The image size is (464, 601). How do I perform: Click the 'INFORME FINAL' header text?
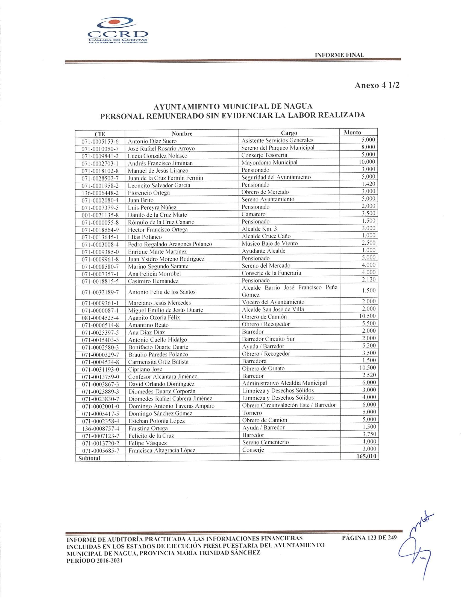(339, 55)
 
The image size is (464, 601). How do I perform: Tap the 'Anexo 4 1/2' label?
(377, 86)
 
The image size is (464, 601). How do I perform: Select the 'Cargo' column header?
(289, 133)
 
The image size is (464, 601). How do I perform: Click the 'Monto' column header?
(353, 132)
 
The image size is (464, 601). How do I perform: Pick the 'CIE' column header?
(100, 134)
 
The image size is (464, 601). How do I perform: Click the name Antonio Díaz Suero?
(152, 141)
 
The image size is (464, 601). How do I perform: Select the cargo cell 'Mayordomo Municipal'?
(269, 162)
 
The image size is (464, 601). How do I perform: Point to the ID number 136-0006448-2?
(100, 193)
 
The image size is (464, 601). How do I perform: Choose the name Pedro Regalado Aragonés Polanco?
(170, 244)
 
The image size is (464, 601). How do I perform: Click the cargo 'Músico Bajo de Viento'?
(270, 243)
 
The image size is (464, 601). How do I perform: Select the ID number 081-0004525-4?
(100, 318)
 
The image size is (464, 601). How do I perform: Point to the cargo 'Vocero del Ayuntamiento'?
(273, 302)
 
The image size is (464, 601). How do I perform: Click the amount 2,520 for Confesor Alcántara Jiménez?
(369, 375)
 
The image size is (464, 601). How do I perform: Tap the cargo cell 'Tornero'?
(252, 413)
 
